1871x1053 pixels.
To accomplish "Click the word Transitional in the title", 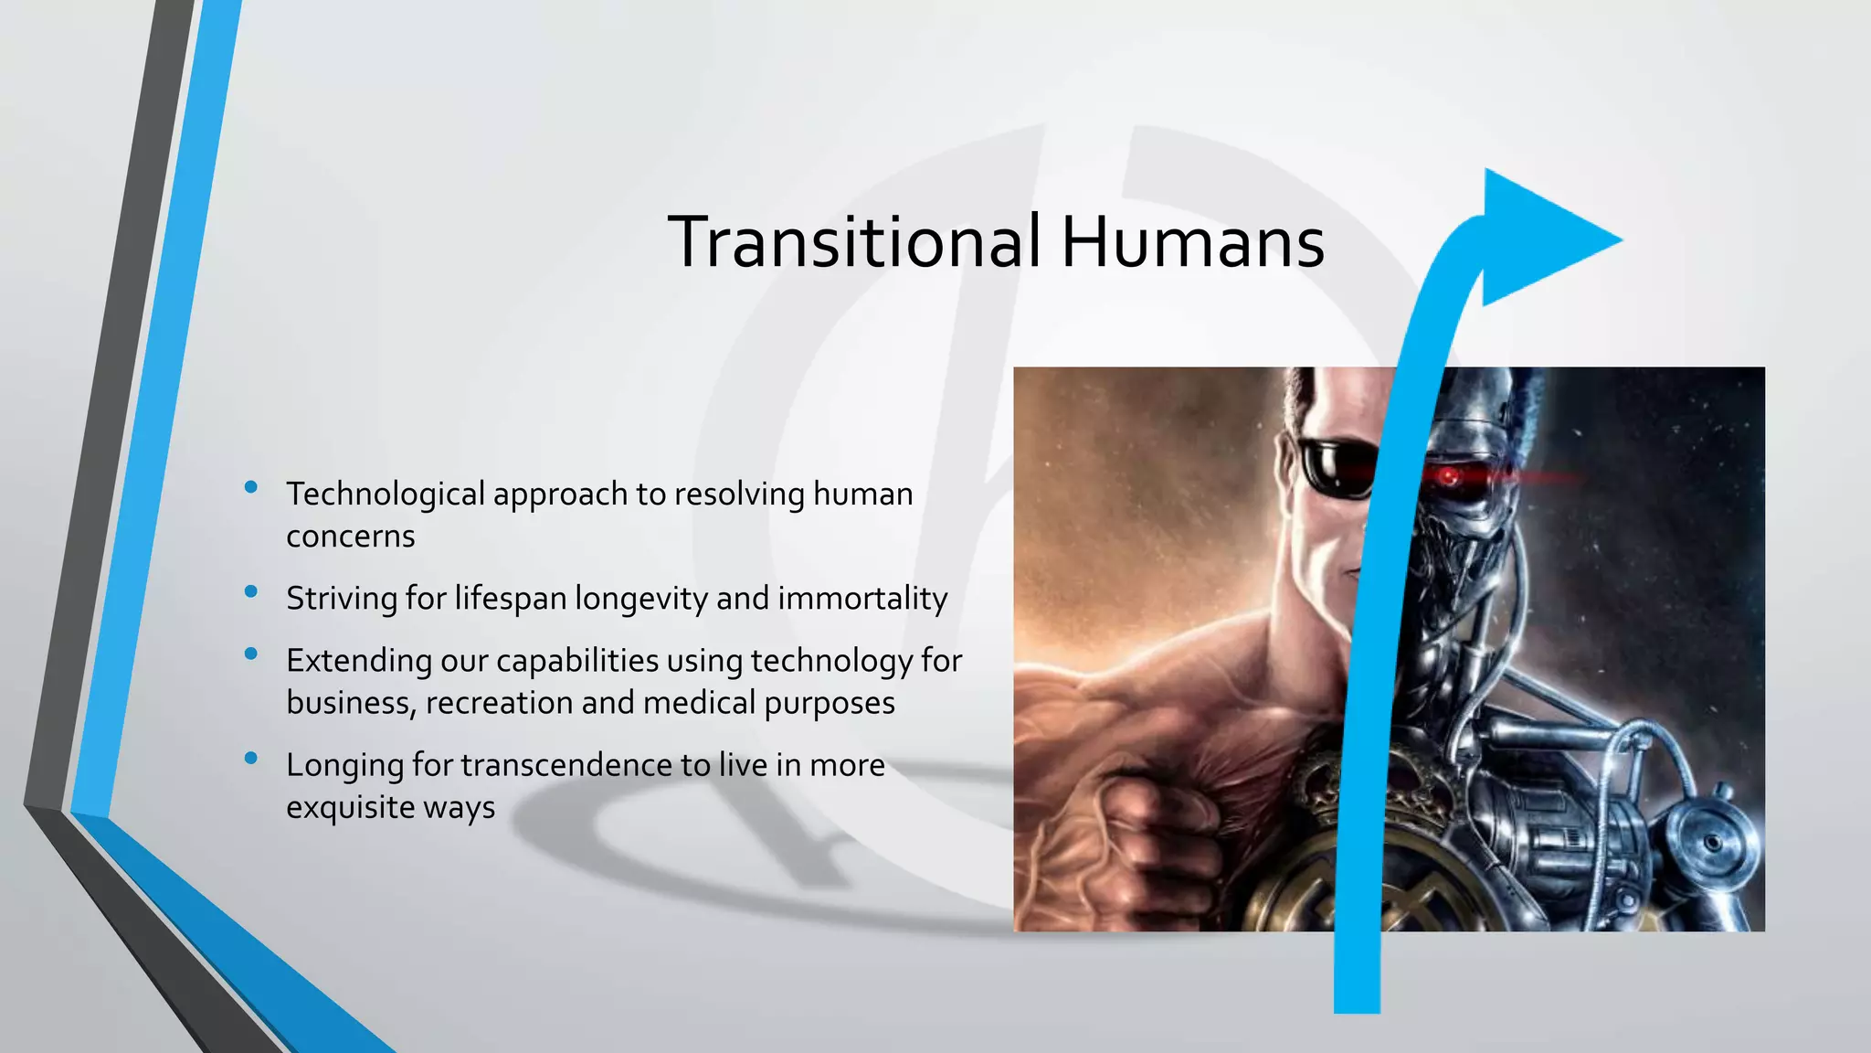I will click(x=854, y=242).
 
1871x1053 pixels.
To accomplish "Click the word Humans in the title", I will click(x=1192, y=242).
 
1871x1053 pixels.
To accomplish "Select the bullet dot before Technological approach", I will click(x=251, y=487).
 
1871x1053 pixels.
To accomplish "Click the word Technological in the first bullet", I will click(x=386, y=495).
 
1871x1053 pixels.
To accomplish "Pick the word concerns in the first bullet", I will click(x=351, y=537).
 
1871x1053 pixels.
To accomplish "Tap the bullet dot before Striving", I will click(x=251, y=591).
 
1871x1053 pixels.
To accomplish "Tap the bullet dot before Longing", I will click(x=251, y=758).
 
